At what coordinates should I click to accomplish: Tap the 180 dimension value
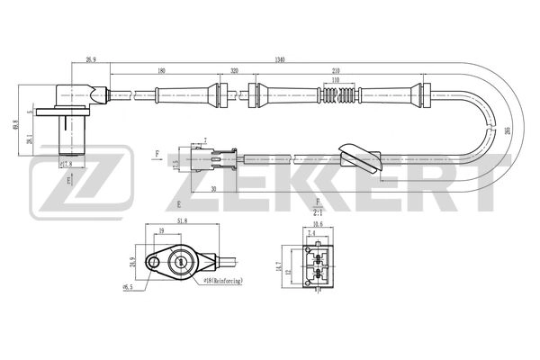click(161, 69)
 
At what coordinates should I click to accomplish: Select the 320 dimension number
click(234, 69)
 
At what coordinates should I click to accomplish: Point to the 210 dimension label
click(335, 69)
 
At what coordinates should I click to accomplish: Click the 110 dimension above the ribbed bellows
click(335, 80)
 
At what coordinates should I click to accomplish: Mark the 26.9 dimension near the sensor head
click(91, 59)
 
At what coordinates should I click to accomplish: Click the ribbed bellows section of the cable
click(335, 93)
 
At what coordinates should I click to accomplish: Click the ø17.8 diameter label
click(65, 165)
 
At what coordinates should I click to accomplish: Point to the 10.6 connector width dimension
click(318, 225)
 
